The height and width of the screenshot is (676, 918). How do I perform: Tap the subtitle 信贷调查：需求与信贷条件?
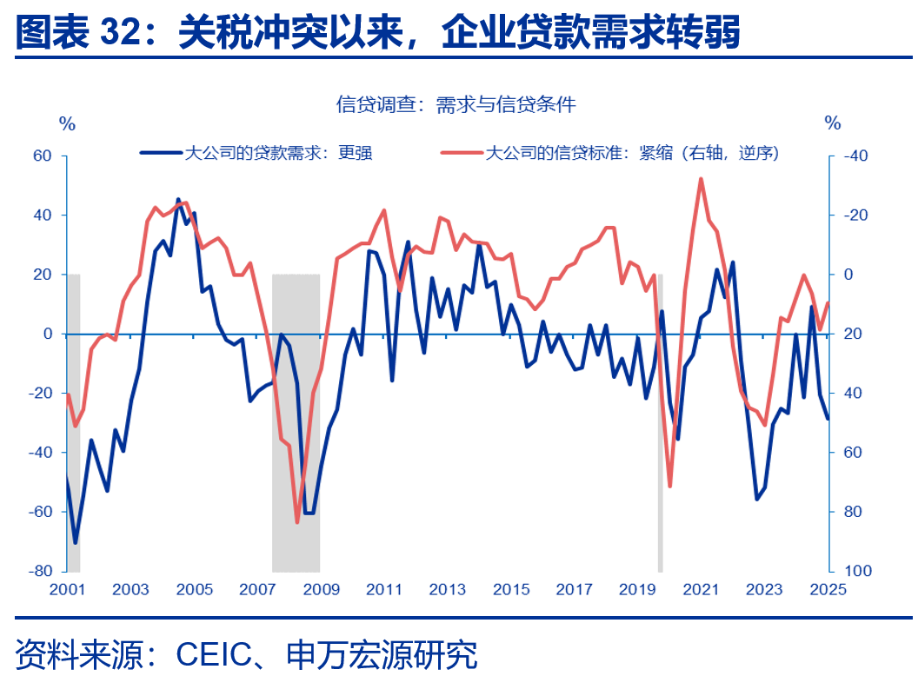click(456, 105)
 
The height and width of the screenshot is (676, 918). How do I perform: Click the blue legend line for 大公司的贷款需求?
click(161, 153)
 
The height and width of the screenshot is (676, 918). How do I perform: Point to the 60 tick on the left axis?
click(43, 156)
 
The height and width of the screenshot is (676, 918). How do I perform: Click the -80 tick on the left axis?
click(40, 571)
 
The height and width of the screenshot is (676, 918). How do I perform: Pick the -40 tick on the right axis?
click(855, 156)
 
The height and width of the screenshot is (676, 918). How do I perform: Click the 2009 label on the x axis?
click(321, 590)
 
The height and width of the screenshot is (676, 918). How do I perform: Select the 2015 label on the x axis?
click(511, 590)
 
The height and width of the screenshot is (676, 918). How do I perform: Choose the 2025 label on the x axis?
click(828, 590)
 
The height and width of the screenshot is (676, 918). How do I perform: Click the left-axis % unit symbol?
click(67, 124)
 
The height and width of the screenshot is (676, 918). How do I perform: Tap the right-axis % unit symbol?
click(833, 124)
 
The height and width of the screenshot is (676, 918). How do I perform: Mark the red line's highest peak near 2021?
click(701, 179)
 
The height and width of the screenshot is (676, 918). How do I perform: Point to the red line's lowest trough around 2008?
click(297, 521)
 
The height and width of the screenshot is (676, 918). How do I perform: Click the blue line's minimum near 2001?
click(76, 543)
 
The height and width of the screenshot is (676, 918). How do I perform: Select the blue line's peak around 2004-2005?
click(178, 200)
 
